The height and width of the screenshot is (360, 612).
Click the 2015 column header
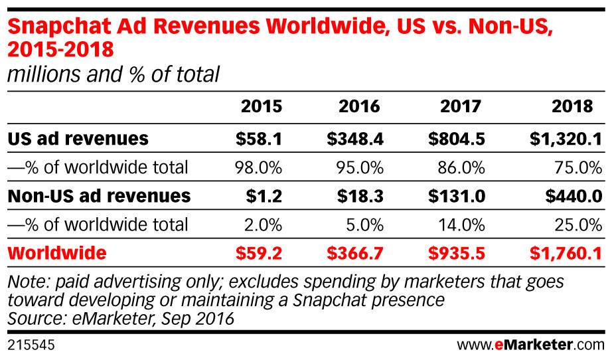[x=262, y=107]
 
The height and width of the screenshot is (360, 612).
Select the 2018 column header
[x=572, y=107]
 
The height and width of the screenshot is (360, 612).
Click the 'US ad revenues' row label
[x=78, y=139]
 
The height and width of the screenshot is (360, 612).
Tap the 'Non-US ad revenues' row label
[x=98, y=196]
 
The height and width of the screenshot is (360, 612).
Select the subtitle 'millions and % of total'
[x=112, y=74]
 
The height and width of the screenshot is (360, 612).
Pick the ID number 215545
[x=31, y=345]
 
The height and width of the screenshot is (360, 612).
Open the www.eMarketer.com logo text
[x=531, y=345]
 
